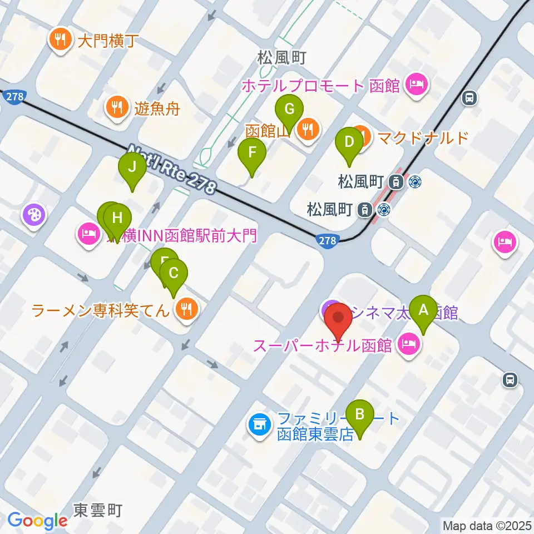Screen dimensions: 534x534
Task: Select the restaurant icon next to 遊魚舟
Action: click(x=116, y=107)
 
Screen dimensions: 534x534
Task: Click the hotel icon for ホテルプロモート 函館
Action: click(x=417, y=86)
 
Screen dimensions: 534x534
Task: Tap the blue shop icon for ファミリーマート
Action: click(x=258, y=426)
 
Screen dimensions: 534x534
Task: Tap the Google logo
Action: click(x=38, y=521)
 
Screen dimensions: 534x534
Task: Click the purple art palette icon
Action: click(x=34, y=214)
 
